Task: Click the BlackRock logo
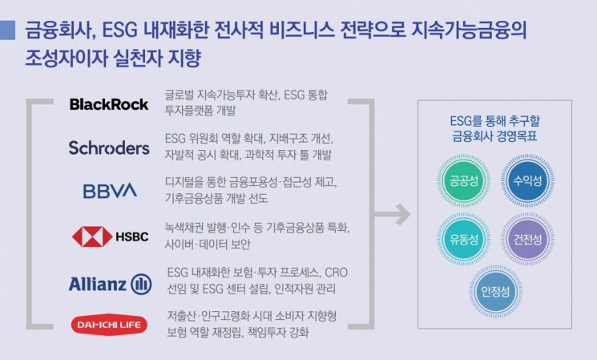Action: click(109, 104)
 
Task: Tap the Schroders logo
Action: click(109, 148)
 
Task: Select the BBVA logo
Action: click(110, 191)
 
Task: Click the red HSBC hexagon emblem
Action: click(92, 237)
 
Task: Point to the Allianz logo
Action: click(110, 283)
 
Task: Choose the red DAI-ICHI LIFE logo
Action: click(109, 325)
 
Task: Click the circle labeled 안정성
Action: click(493, 291)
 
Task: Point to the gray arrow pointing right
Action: click(393, 215)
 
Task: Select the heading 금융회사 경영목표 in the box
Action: click(493, 136)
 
